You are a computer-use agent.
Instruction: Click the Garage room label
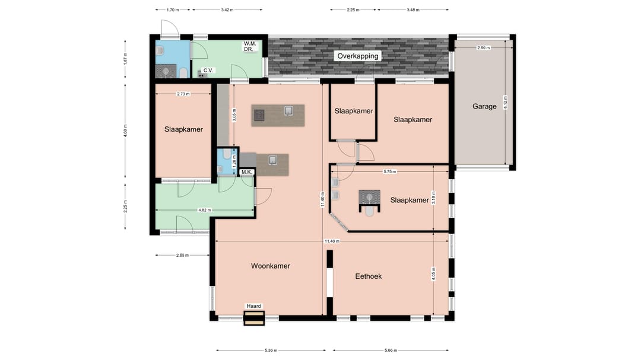tap(484, 106)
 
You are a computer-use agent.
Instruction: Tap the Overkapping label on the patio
tap(358, 56)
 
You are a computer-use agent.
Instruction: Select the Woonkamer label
tap(271, 266)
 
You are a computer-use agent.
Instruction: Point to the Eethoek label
tap(369, 276)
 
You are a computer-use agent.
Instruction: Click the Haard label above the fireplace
tap(254, 306)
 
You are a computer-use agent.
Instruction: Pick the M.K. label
tap(246, 172)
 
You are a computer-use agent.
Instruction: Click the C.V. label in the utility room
tap(208, 71)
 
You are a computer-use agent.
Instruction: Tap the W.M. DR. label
tap(250, 46)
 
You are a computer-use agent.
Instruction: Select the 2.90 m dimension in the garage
tap(483, 48)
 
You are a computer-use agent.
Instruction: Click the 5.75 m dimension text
tap(389, 171)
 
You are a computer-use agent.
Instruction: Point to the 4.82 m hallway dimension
tap(204, 210)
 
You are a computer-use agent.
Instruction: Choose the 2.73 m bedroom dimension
tap(183, 94)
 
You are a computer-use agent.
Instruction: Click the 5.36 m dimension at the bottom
tap(271, 350)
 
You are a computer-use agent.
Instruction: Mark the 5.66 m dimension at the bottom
tap(391, 350)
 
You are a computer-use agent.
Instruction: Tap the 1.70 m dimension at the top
tap(173, 10)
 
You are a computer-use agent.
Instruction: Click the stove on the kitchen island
tap(259, 115)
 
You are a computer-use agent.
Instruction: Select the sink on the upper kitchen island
tap(288, 111)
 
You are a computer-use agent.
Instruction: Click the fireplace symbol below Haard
tap(254, 318)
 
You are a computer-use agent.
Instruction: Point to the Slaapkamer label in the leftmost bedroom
tap(183, 129)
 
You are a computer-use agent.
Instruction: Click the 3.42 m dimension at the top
tap(227, 10)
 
